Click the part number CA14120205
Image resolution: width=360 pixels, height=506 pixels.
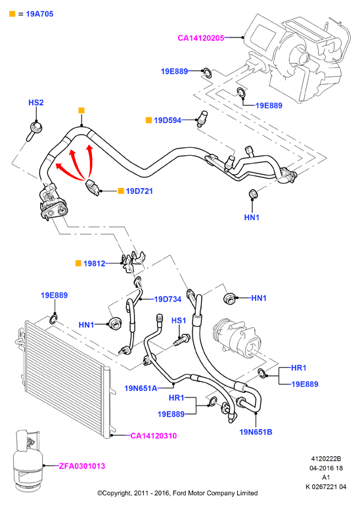[x=200, y=38]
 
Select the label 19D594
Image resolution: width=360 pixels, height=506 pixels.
[x=168, y=120]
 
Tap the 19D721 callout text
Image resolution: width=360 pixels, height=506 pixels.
[x=139, y=191]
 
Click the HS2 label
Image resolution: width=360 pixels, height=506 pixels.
[x=36, y=103]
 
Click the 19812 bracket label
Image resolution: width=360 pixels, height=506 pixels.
[x=94, y=264]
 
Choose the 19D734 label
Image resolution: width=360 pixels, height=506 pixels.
[x=168, y=299]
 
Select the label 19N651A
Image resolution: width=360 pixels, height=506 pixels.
[x=141, y=388]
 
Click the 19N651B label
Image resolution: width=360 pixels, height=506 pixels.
[x=256, y=432]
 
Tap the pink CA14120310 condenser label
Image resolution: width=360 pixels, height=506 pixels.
[x=154, y=436]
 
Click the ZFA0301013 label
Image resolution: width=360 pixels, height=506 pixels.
[x=82, y=466]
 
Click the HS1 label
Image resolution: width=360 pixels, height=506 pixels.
[x=179, y=321]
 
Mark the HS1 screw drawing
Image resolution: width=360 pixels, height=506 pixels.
[x=181, y=340]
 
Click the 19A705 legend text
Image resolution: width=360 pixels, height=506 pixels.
[x=39, y=14]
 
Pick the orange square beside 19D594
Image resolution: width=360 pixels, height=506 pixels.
[x=148, y=120]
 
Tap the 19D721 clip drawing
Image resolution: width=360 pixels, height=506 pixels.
[x=93, y=188]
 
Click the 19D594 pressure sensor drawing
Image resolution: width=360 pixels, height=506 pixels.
[x=202, y=118]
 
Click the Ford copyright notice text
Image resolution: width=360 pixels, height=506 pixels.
[x=178, y=493]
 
